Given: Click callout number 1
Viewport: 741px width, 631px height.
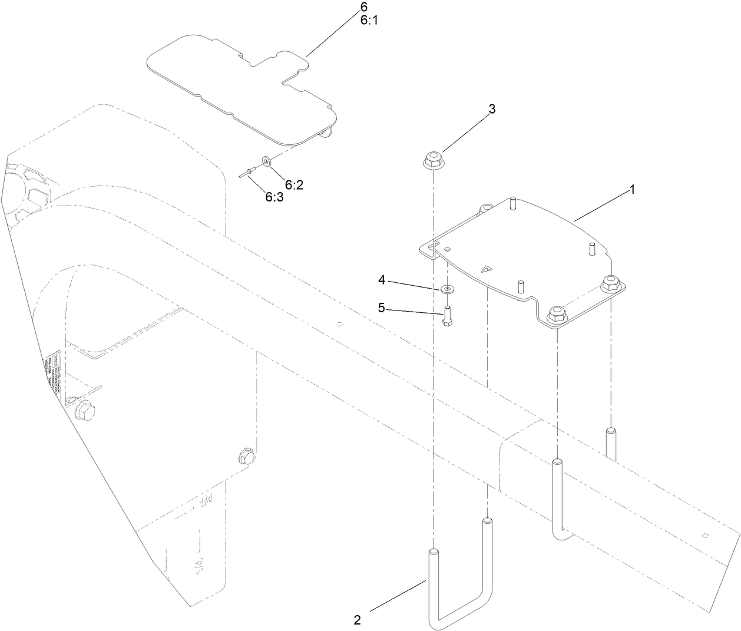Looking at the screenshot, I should (632, 190).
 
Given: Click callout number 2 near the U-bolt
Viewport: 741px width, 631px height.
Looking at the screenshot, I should (358, 620).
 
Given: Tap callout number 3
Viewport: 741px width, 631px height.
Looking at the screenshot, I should (492, 109).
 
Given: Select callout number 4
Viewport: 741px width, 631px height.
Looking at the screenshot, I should (382, 280).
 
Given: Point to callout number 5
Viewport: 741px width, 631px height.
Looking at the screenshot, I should (382, 308).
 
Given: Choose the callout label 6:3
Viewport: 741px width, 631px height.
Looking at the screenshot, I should (274, 197).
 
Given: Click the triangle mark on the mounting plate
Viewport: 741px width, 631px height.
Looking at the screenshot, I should (486, 270).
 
